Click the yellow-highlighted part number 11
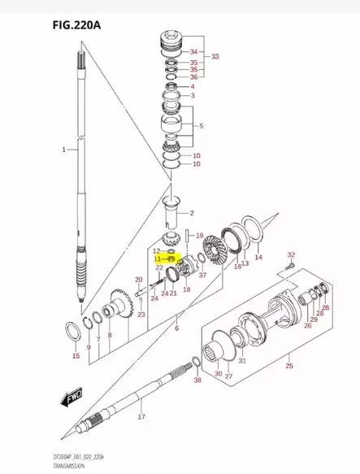(158, 259)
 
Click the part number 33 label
(215, 57)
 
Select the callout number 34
(193, 52)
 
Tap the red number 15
(76, 356)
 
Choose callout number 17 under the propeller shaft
(141, 417)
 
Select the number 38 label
(197, 381)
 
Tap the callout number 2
(192, 213)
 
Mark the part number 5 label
(201, 126)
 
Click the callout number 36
(193, 76)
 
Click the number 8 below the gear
(109, 335)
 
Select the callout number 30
(217, 373)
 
